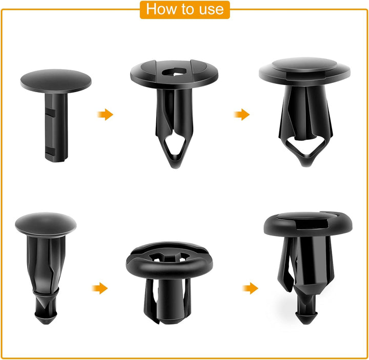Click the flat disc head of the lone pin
pyautogui.click(x=56, y=81)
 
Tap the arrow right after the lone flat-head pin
pyautogui.click(x=106, y=114)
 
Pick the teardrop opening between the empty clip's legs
pyautogui.click(x=175, y=149)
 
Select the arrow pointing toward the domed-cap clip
pyautogui.click(x=242, y=114)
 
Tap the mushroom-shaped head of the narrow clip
pyautogui.click(x=46, y=223)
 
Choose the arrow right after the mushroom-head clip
pyautogui.click(x=100, y=288)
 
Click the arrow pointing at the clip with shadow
pyautogui.click(x=250, y=288)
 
